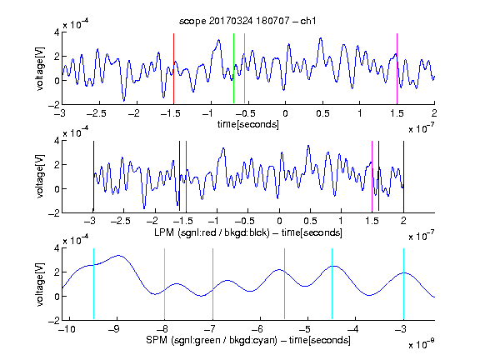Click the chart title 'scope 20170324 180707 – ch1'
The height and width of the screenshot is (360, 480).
point(247,21)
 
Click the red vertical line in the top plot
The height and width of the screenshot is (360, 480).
point(173,68)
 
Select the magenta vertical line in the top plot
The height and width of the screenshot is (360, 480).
point(397,68)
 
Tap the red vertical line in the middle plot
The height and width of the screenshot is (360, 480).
point(186,176)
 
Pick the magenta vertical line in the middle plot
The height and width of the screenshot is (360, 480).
point(372,176)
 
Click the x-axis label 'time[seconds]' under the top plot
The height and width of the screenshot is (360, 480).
point(248,124)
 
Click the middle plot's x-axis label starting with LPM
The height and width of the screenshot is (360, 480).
point(248,232)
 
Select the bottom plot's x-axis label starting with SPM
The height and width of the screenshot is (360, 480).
point(248,340)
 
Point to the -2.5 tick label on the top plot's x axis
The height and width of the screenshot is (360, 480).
point(96,113)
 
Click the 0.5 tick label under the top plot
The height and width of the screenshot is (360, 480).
point(322,113)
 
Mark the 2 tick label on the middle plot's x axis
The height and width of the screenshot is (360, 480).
point(403,221)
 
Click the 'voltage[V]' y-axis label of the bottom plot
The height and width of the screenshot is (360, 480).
point(40,284)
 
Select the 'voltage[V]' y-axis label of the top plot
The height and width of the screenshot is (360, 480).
point(40,68)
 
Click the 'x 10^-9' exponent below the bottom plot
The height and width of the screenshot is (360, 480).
point(421,345)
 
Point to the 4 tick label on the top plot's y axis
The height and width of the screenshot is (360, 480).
point(57,32)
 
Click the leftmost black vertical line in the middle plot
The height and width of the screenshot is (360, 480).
point(93,176)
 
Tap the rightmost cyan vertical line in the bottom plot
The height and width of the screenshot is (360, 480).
point(403,284)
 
